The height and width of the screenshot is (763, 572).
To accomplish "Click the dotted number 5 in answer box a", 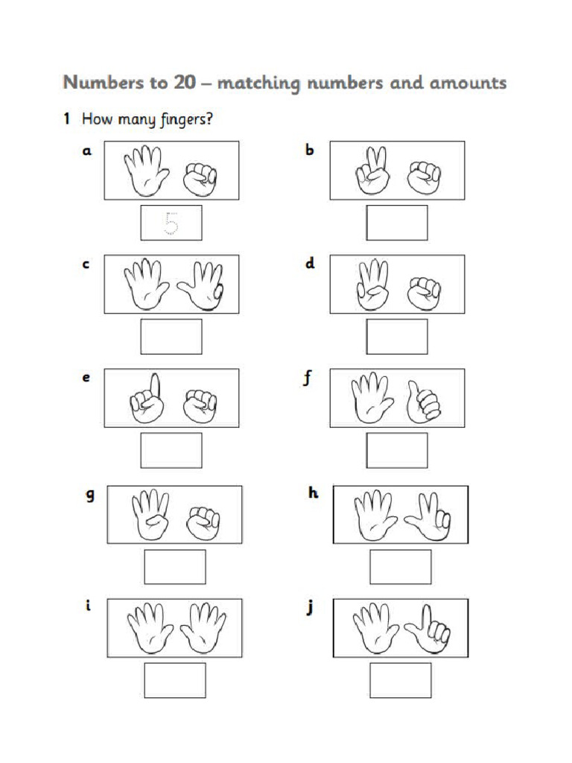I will pos(171,223).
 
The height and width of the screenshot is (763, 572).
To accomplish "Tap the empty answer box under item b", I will pos(396,223).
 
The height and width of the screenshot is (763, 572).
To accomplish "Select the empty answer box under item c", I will pos(171,337).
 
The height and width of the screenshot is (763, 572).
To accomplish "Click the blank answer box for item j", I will pos(400,680).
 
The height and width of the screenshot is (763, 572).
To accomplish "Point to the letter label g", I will pos(90,495).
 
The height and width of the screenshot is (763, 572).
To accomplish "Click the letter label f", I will pos(307,379).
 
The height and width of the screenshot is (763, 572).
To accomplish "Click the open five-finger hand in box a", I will pos(143,170).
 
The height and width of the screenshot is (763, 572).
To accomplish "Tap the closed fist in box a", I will pos(200,177).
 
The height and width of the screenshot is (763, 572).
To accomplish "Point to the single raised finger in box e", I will pos(154,384).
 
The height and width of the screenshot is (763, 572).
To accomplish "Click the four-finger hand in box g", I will pos(150,514).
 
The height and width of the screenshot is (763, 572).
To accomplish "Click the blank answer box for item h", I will pos(400,567).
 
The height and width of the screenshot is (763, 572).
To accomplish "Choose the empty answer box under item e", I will pos(171,451).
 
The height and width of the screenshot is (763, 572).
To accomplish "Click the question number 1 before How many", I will pos(66,118).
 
